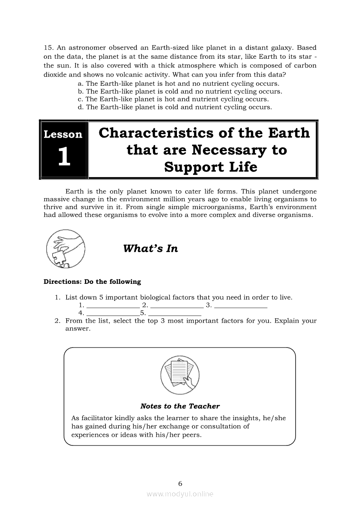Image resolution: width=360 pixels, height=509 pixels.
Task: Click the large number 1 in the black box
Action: click(x=64, y=157)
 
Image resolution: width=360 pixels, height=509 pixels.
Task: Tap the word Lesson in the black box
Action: click(x=63, y=134)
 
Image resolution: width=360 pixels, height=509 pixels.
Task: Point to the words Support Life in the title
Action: click(x=211, y=167)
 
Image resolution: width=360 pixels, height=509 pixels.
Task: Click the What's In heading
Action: click(x=150, y=249)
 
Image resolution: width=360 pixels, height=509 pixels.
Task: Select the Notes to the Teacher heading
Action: click(x=180, y=406)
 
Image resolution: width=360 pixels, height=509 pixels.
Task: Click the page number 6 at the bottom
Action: click(x=180, y=483)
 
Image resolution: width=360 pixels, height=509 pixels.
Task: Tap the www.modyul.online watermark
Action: click(x=180, y=494)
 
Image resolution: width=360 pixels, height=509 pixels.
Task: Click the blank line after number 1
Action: click(x=113, y=307)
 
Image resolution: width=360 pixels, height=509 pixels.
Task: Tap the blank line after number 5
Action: click(x=175, y=314)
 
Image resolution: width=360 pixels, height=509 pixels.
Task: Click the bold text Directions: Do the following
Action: click(x=92, y=282)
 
